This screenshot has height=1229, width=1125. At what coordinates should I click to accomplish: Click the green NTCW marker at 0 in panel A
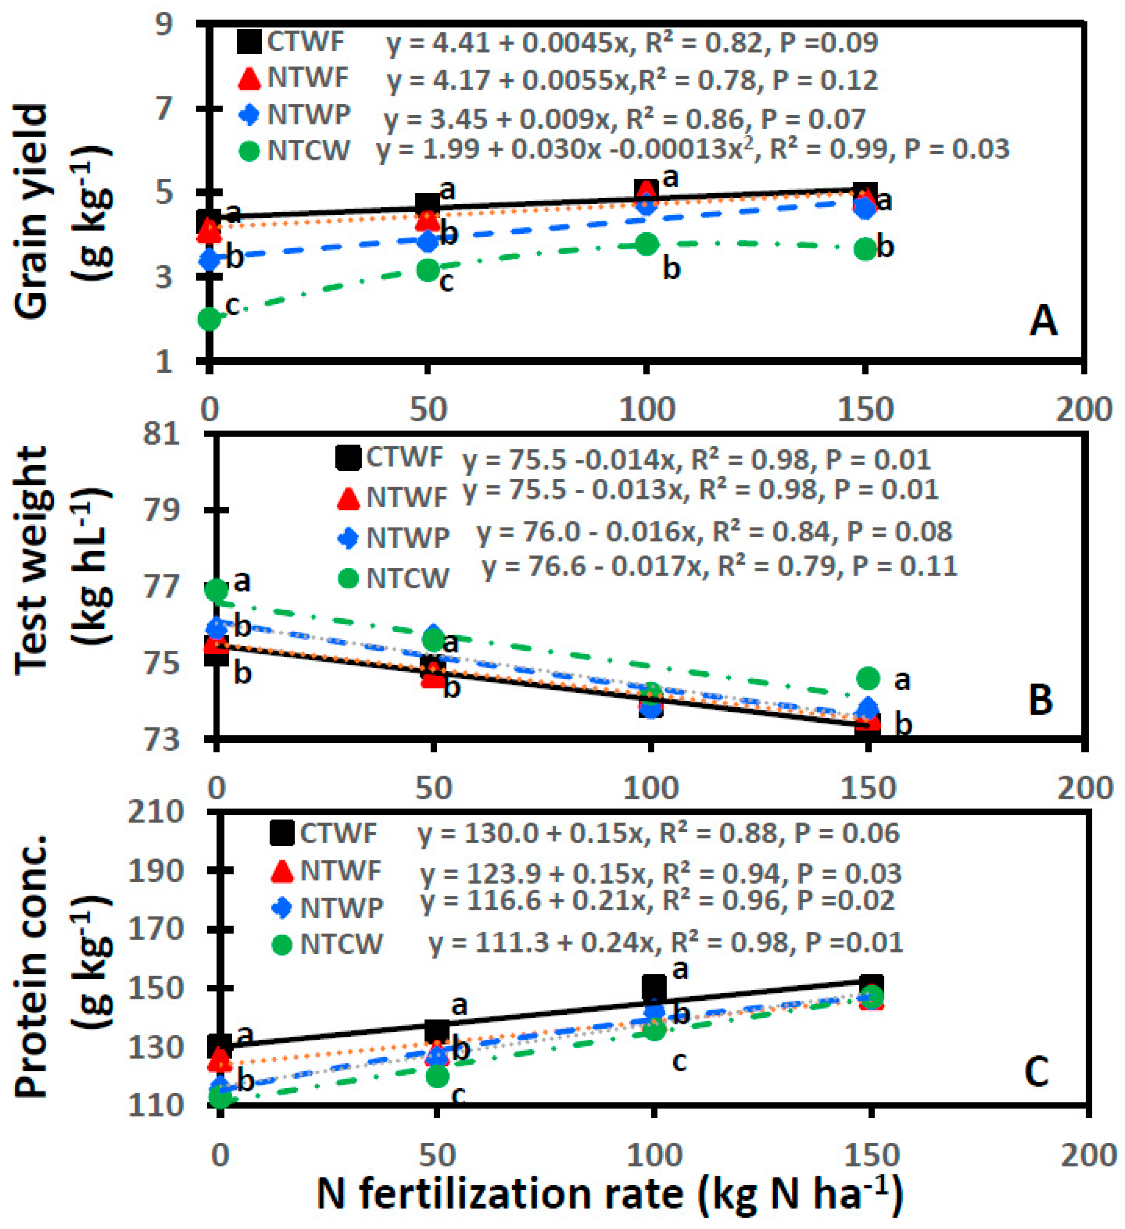209,318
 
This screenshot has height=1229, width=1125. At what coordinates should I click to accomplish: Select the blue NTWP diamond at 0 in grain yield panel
209,259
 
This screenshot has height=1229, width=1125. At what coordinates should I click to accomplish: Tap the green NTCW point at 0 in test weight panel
217,589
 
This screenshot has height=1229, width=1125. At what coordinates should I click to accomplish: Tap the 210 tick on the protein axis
156,813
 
